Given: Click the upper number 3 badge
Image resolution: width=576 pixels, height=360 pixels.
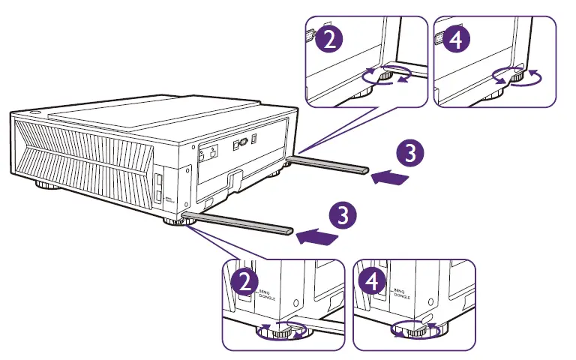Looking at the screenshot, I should [409, 154].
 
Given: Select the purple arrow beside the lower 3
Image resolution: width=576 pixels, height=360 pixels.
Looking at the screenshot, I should [316, 237].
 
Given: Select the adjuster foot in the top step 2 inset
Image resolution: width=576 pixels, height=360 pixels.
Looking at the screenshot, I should [385, 75].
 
